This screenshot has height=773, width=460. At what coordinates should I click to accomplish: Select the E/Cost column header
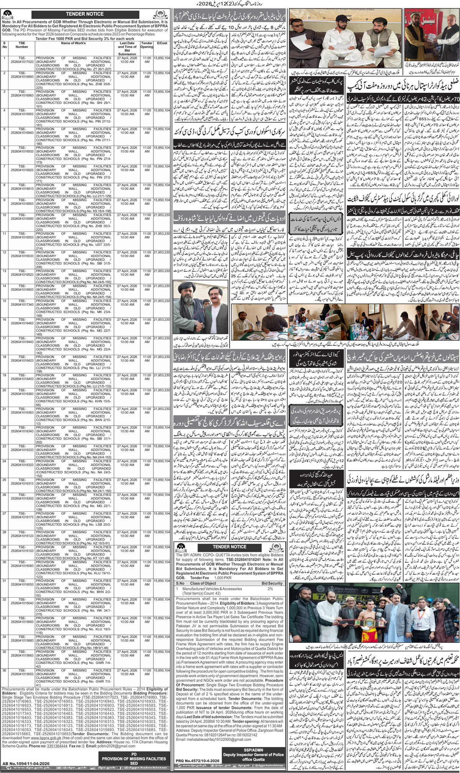(161, 43)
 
